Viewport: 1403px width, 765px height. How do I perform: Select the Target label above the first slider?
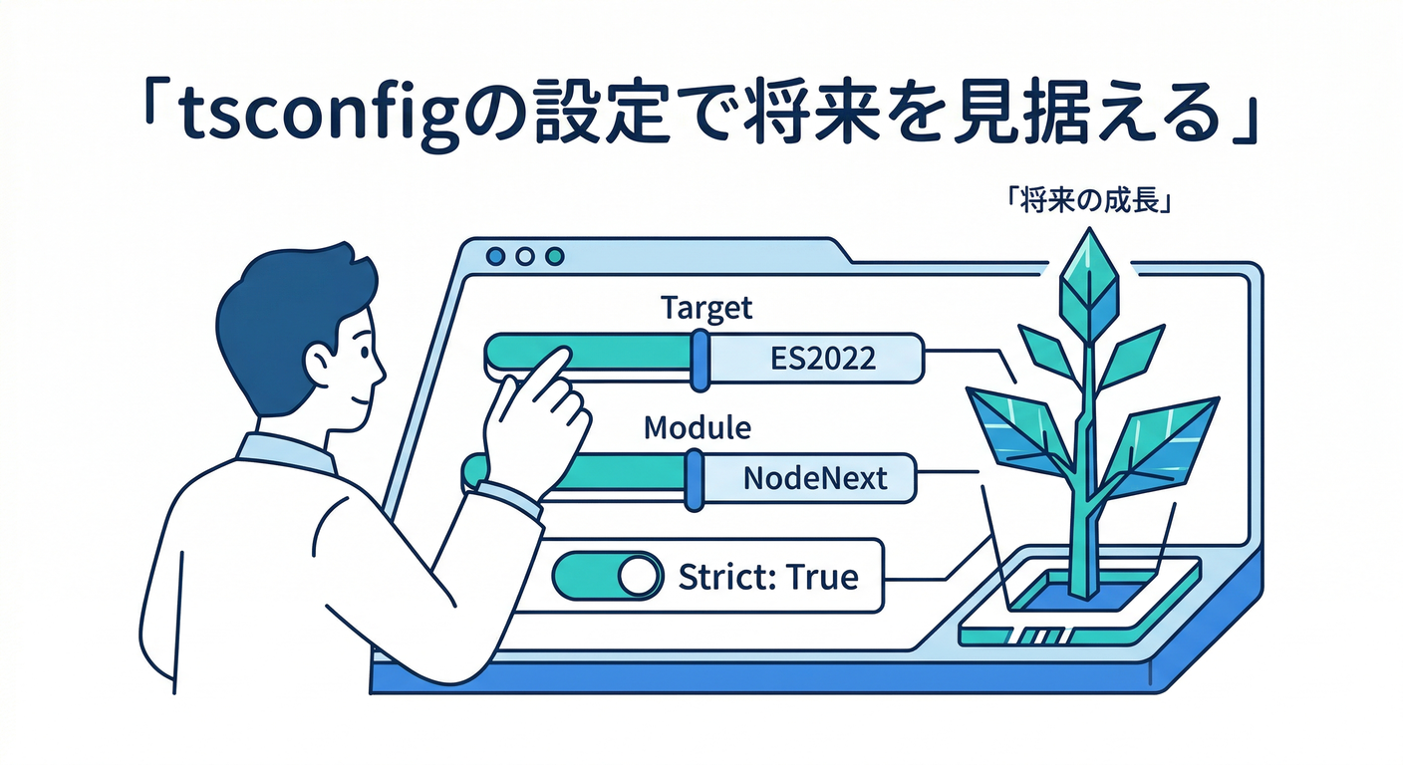pyautogui.click(x=706, y=308)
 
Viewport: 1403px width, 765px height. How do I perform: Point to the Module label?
pyautogui.click(x=698, y=428)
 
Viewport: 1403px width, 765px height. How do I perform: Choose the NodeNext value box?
pyautogui.click(x=814, y=478)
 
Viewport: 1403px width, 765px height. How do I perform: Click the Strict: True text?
pyautogui.click(x=767, y=576)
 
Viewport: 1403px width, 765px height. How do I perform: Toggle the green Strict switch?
pyautogui.click(x=607, y=576)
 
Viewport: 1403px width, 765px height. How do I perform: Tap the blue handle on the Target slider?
pyautogui.click(x=700, y=359)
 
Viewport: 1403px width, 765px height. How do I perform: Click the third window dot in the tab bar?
pyautogui.click(x=554, y=257)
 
